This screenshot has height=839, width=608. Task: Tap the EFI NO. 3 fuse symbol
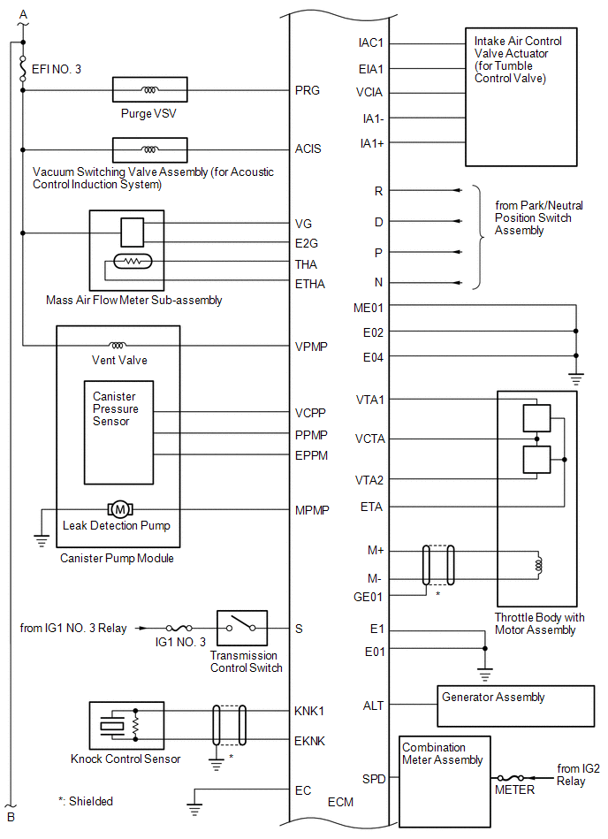click(22, 68)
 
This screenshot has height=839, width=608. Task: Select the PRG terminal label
click(307, 90)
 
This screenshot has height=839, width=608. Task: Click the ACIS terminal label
click(308, 149)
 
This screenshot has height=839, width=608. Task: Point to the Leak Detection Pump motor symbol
click(120, 509)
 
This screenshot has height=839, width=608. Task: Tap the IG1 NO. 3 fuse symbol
click(179, 628)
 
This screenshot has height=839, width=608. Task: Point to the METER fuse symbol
click(511, 778)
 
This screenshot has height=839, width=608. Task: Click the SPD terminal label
click(374, 779)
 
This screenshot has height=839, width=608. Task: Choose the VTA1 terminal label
click(370, 400)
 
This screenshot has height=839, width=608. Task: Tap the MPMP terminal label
click(312, 510)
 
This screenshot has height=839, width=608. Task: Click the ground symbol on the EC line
click(194, 809)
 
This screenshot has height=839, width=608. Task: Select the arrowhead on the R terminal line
click(457, 190)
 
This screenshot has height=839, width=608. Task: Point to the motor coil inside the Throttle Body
click(538, 565)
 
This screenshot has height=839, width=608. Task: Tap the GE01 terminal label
click(368, 597)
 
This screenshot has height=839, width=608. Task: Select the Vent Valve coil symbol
click(118, 345)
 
